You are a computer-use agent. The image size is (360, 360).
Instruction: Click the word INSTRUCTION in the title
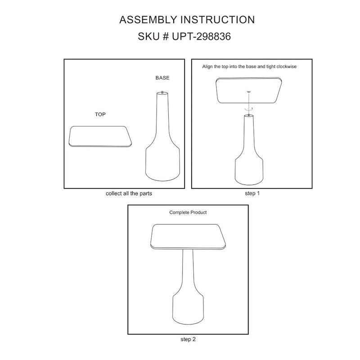point(218,20)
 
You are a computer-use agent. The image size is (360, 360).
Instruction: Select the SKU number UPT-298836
point(201,36)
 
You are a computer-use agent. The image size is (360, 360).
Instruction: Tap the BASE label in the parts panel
point(162,78)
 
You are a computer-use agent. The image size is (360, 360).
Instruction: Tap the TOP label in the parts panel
point(100,114)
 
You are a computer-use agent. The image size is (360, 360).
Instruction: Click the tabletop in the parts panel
point(100,136)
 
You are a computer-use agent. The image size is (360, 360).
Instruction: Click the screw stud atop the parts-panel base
point(162,92)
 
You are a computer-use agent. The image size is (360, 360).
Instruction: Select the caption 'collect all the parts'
point(129,193)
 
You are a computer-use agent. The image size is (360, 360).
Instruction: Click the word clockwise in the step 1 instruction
point(287,67)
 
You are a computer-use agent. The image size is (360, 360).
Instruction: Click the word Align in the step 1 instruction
point(207,67)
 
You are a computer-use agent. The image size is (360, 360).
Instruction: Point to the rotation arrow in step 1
point(248,109)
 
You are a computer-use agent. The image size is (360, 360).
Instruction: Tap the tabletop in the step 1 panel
point(249,90)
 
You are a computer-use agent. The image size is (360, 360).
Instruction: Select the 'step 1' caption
point(252,193)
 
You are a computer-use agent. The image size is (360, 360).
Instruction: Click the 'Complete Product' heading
point(188,212)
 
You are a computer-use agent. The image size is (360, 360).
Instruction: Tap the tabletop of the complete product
point(188,237)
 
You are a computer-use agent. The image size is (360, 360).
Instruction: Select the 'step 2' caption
point(188,339)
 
